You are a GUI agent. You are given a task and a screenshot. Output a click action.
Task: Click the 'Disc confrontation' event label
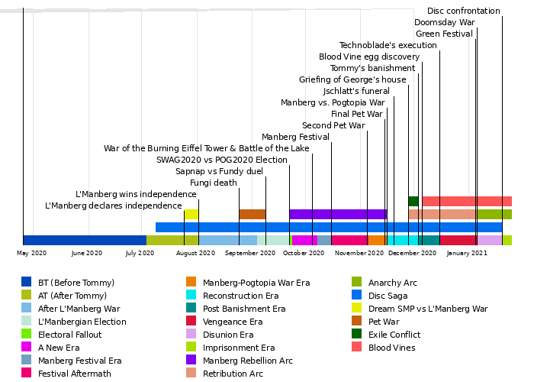463,11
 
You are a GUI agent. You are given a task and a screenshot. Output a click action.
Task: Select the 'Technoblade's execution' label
388,45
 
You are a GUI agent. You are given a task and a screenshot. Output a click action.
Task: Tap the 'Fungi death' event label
213,183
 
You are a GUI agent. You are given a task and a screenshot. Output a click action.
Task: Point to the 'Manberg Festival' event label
295,137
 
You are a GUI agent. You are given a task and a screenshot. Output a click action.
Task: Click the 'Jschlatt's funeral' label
356,91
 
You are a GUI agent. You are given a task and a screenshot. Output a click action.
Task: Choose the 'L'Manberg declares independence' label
114,206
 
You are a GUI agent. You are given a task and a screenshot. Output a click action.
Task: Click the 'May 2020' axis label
32,253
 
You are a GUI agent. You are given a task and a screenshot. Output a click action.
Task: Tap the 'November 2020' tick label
359,253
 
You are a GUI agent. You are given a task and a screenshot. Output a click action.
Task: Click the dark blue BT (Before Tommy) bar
85,240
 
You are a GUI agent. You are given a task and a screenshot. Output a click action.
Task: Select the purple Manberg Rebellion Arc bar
338,214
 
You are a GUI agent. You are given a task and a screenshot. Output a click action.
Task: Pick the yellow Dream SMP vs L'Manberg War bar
191,214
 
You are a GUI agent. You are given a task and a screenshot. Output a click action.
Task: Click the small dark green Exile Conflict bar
413,201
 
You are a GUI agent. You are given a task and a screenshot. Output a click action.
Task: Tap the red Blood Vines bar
466,201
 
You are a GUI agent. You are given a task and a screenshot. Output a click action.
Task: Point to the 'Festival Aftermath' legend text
75,374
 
